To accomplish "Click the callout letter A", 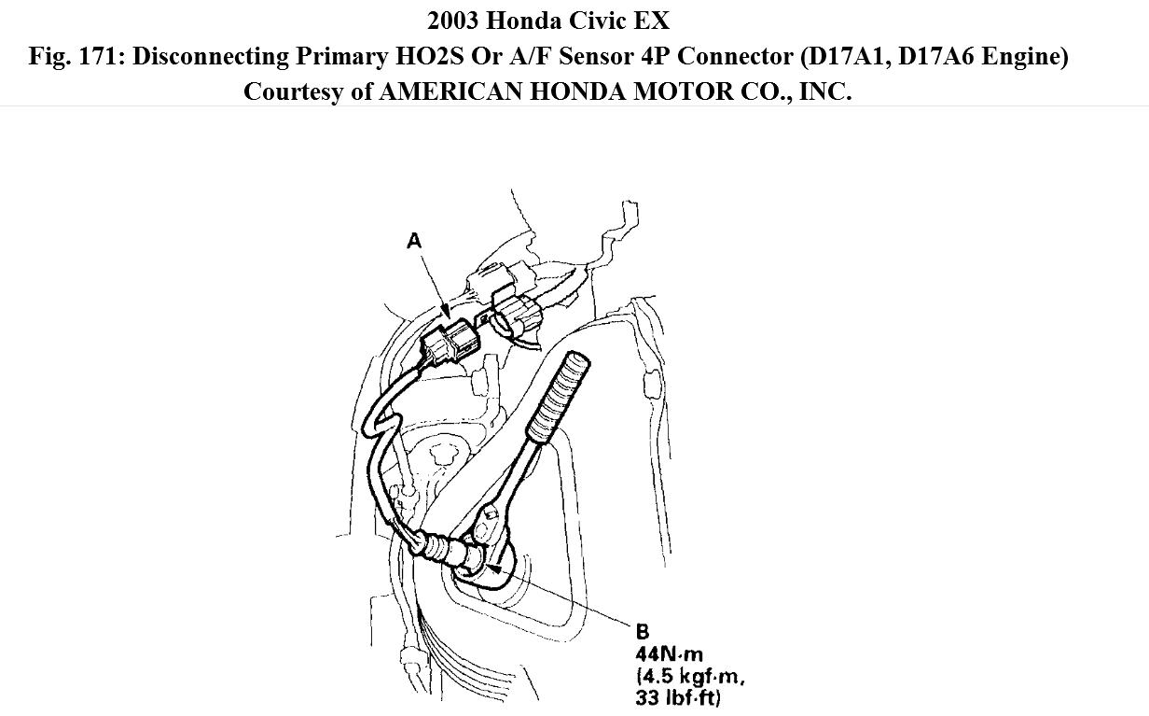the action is (x=414, y=241).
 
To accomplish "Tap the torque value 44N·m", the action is (x=669, y=654).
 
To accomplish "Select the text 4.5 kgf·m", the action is (x=690, y=676).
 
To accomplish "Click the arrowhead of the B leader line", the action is (x=495, y=564).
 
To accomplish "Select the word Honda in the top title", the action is (x=524, y=20).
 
